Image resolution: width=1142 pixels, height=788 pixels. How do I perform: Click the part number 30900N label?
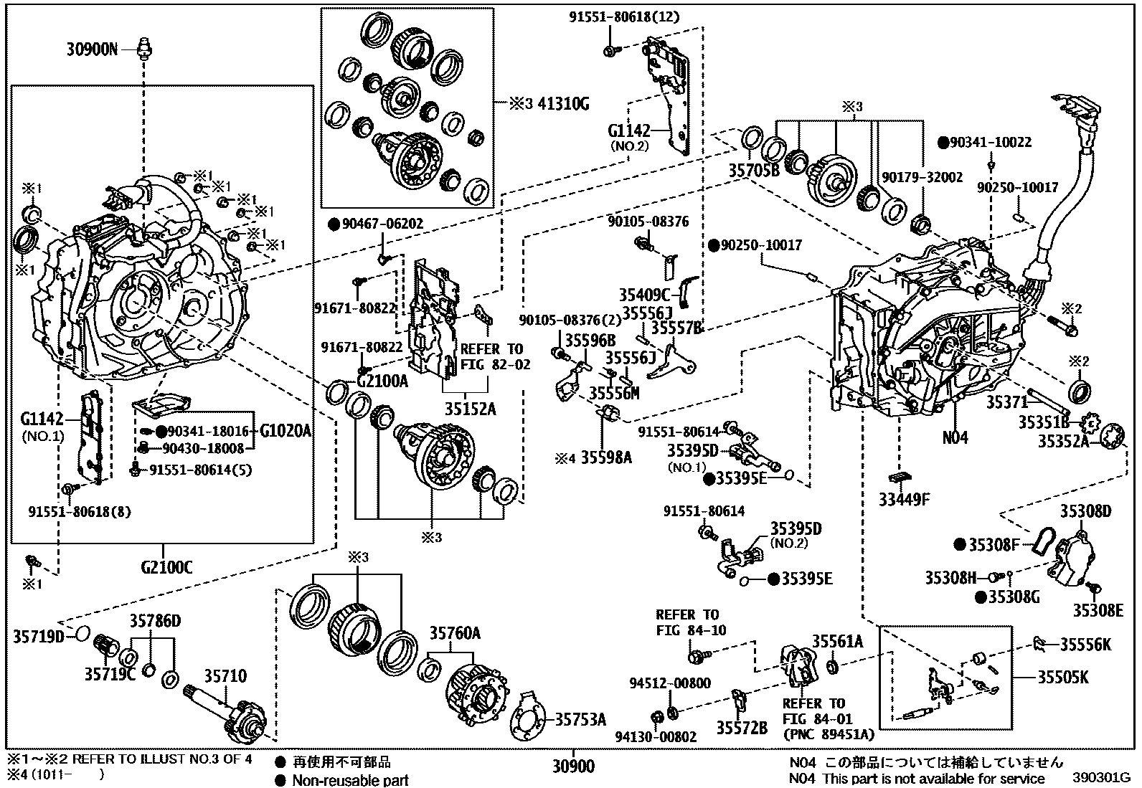(x=92, y=49)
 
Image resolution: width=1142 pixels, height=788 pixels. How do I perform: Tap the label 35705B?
(x=753, y=171)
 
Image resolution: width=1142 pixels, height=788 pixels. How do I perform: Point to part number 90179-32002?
(x=922, y=176)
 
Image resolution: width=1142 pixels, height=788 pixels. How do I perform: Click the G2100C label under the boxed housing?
(x=166, y=568)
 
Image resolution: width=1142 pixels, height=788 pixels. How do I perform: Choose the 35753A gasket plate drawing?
(x=530, y=718)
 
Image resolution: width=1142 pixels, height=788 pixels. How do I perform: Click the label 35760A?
(x=455, y=633)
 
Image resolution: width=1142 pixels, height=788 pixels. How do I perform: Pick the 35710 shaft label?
(x=225, y=676)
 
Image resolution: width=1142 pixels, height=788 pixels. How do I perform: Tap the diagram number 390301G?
(x=1102, y=777)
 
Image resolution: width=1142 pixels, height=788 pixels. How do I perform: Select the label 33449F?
(x=904, y=499)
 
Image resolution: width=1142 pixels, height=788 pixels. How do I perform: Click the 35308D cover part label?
(x=1085, y=511)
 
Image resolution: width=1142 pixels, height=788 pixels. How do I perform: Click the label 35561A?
(x=837, y=641)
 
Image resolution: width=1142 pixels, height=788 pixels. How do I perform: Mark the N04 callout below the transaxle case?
(x=955, y=437)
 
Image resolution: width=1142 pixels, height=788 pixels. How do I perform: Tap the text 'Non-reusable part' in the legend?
(x=350, y=780)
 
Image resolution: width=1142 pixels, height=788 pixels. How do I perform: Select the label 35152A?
(x=471, y=410)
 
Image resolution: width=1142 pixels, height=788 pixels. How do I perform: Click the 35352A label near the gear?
(x=1062, y=442)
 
